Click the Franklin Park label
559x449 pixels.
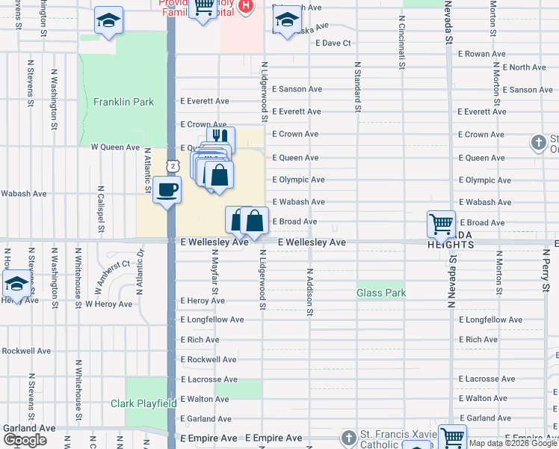[123, 102]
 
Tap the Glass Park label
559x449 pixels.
[381, 293]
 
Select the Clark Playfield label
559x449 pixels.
[144, 404]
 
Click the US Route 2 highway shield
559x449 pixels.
[173, 165]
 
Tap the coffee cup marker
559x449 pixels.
[167, 189]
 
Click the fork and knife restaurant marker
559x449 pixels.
[220, 138]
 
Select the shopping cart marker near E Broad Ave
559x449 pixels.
[441, 223]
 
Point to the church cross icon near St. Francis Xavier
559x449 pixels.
[349, 437]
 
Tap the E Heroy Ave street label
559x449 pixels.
[203, 301]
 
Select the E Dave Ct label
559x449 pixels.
[333, 43]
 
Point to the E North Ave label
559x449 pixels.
[524, 67]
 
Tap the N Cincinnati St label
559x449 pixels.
[402, 43]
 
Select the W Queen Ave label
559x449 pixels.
[115, 147]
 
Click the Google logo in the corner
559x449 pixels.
[25, 440]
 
